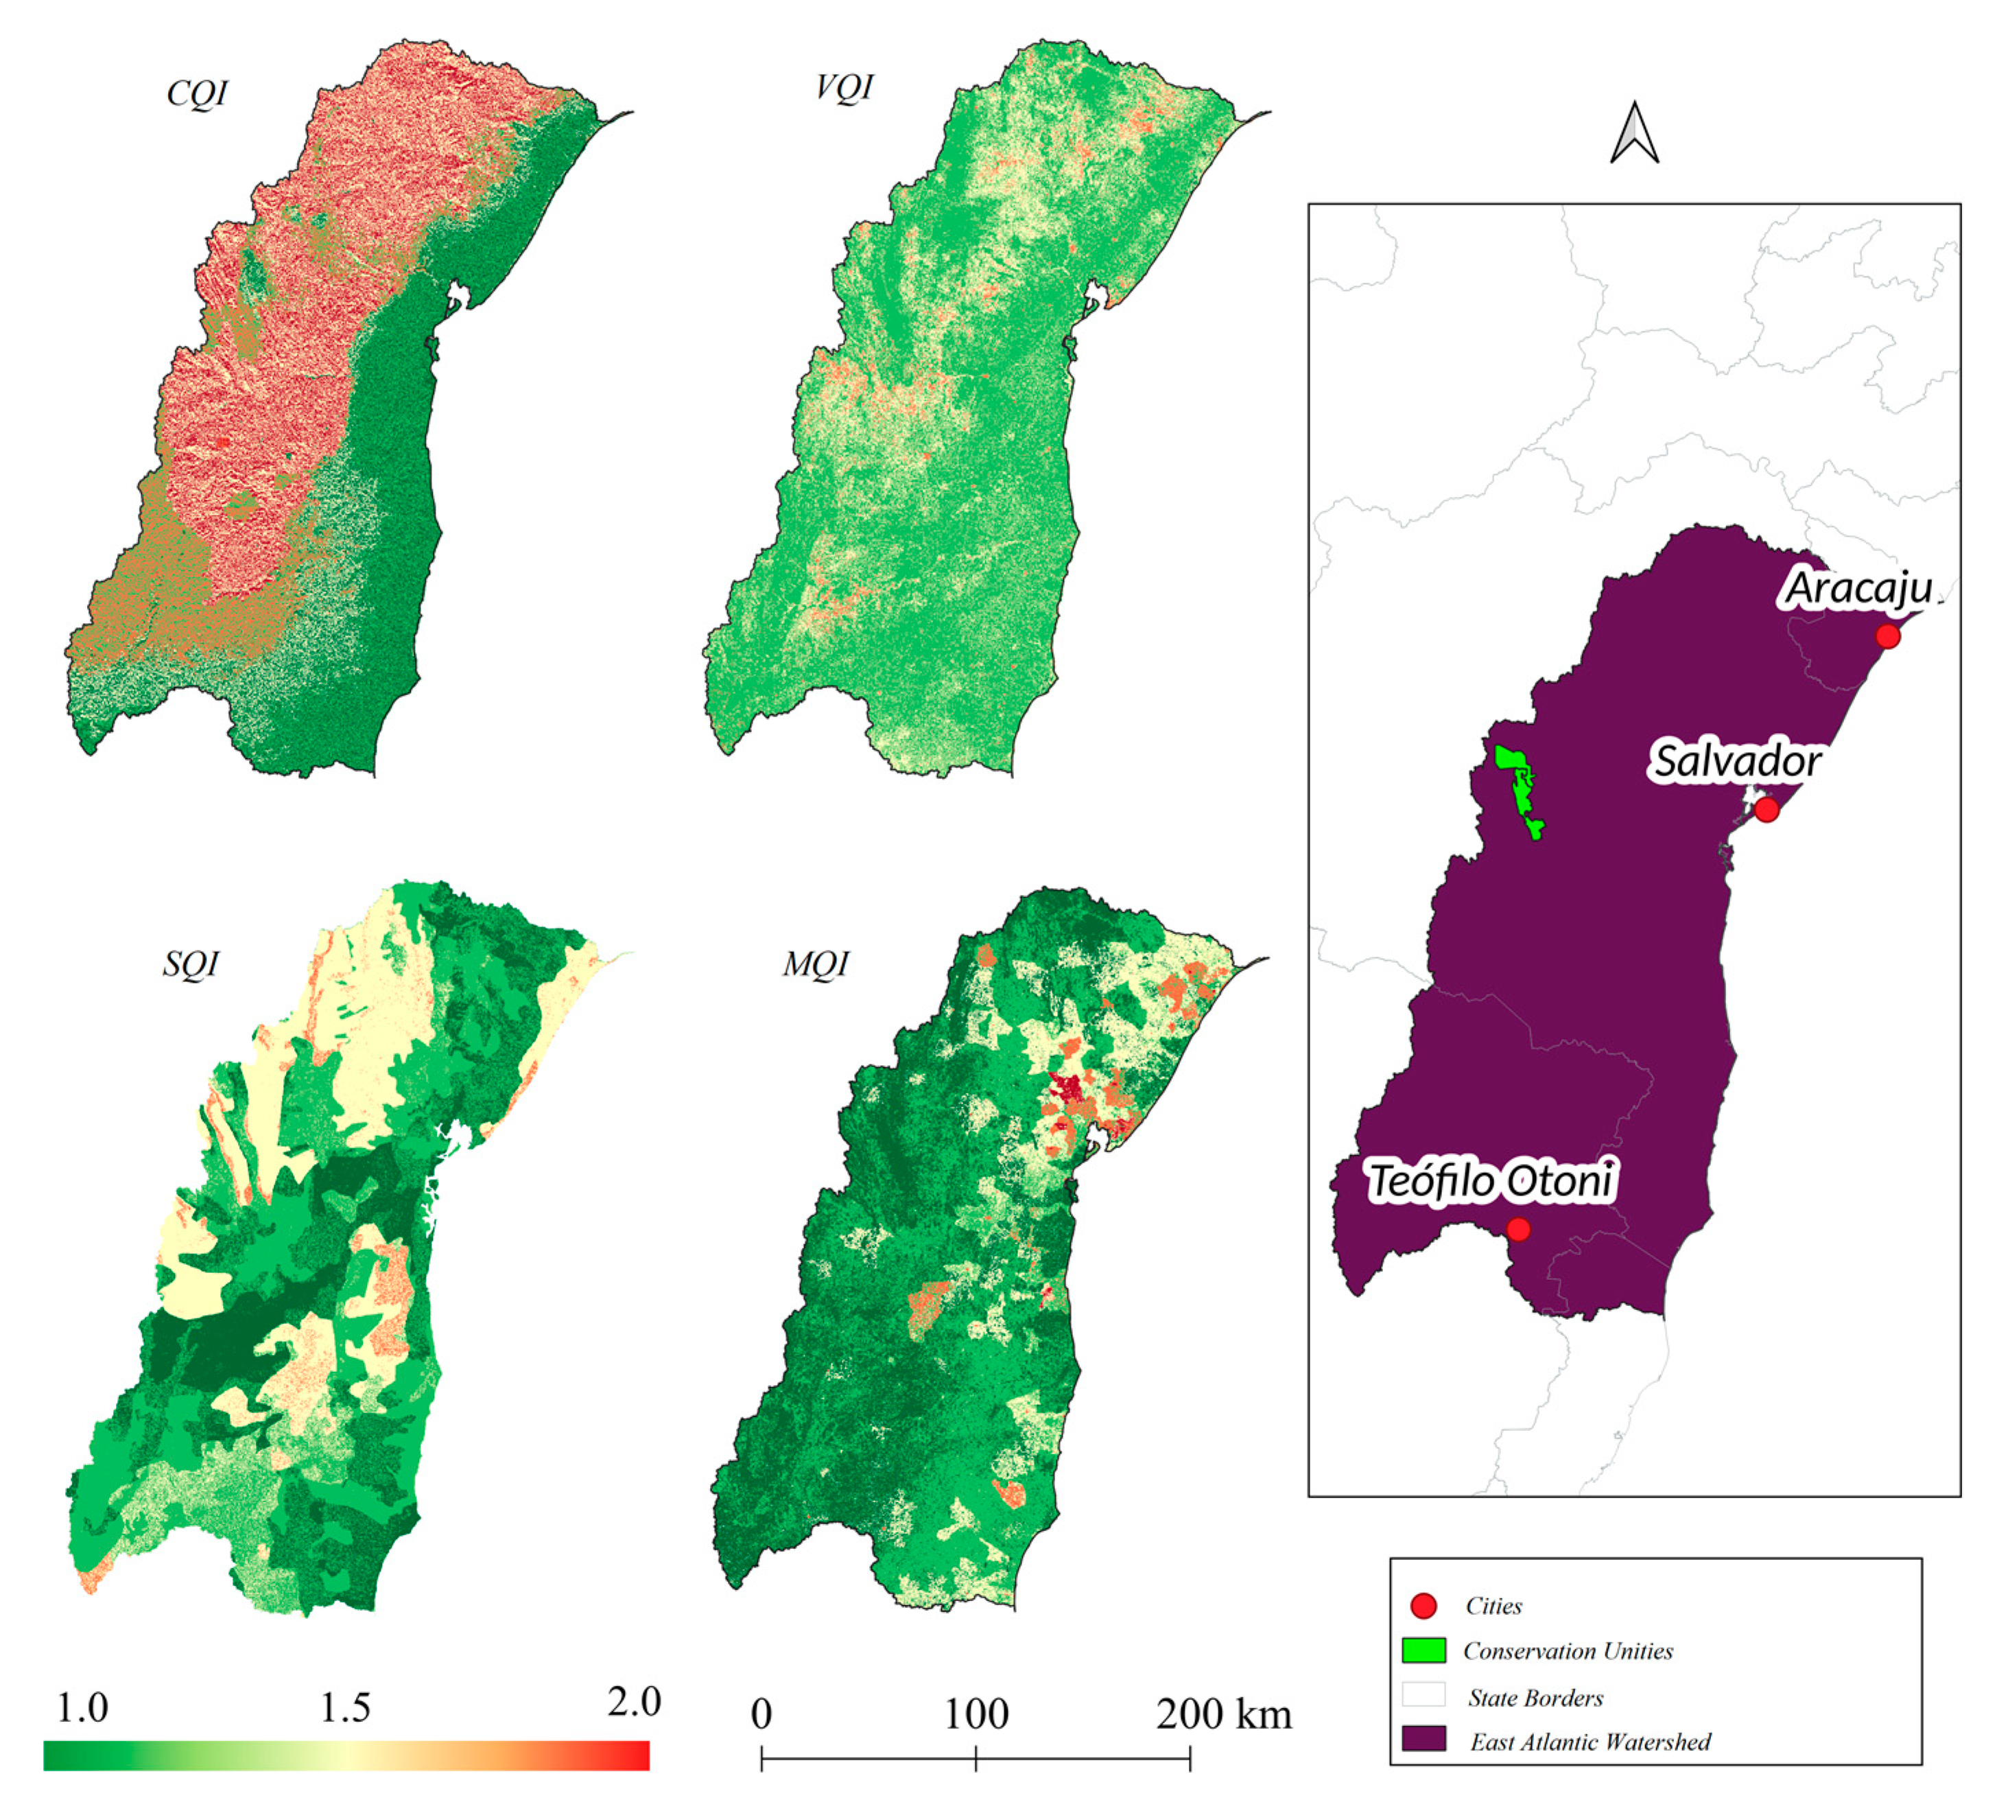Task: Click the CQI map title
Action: [x=197, y=93]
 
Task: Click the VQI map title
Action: [x=844, y=87]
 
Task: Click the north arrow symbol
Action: [x=1635, y=134]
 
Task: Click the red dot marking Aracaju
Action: [x=1888, y=636]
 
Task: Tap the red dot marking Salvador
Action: [x=1766, y=809]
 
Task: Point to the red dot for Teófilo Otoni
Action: [x=1517, y=1229]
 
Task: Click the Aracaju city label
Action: [x=1858, y=588]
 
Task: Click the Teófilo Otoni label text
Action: [x=1491, y=1181]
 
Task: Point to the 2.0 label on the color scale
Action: [x=634, y=1702]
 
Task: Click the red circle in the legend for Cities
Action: [x=1423, y=1606]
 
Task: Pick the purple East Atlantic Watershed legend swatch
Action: [x=1423, y=1739]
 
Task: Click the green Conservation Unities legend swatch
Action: [x=1423, y=1650]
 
